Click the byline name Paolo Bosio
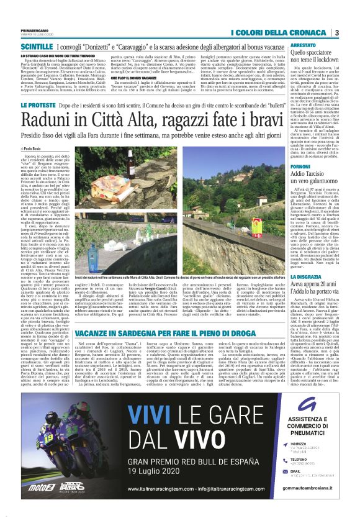(28, 149)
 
